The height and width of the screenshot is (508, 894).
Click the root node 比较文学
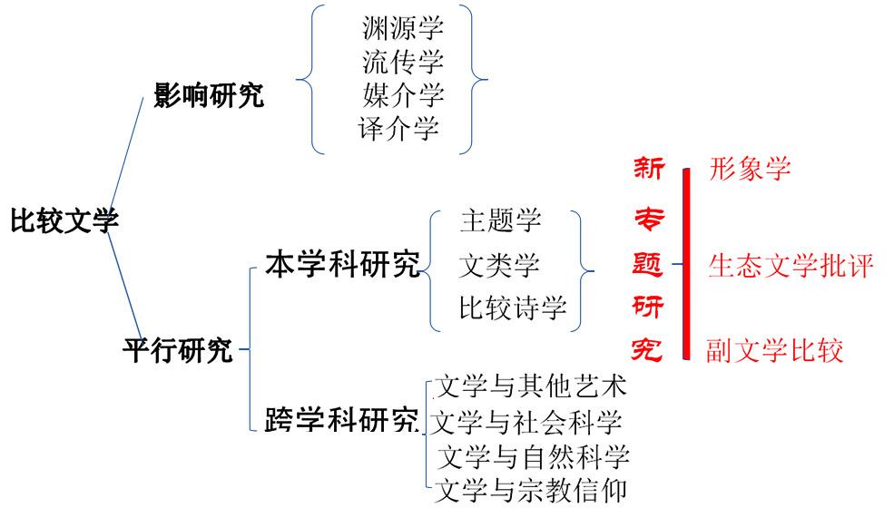[x=64, y=220]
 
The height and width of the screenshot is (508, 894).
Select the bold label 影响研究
[x=210, y=94]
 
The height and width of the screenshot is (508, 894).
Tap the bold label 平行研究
[x=178, y=350]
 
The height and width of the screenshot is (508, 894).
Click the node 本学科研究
[x=342, y=265]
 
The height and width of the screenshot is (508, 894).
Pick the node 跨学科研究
[x=342, y=420]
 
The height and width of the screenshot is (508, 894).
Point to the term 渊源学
[x=402, y=28]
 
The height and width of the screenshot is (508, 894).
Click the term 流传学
[x=402, y=62]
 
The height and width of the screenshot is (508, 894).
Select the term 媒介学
[x=402, y=94]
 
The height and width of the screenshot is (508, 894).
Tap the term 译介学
[x=399, y=128]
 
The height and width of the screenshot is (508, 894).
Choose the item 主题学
[x=500, y=220]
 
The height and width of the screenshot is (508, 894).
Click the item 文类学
[x=499, y=265]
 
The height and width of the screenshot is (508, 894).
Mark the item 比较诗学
[x=513, y=308]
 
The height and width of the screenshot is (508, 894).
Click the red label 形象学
[x=750, y=169]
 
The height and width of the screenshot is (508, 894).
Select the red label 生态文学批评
[x=791, y=265]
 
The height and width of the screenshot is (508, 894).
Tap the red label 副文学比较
[x=774, y=350]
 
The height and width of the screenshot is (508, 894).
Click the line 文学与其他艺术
[x=531, y=387]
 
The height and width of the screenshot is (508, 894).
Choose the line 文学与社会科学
[x=526, y=422]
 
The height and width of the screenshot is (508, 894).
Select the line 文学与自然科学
[x=534, y=455]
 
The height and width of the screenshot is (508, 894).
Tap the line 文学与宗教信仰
[x=531, y=490]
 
